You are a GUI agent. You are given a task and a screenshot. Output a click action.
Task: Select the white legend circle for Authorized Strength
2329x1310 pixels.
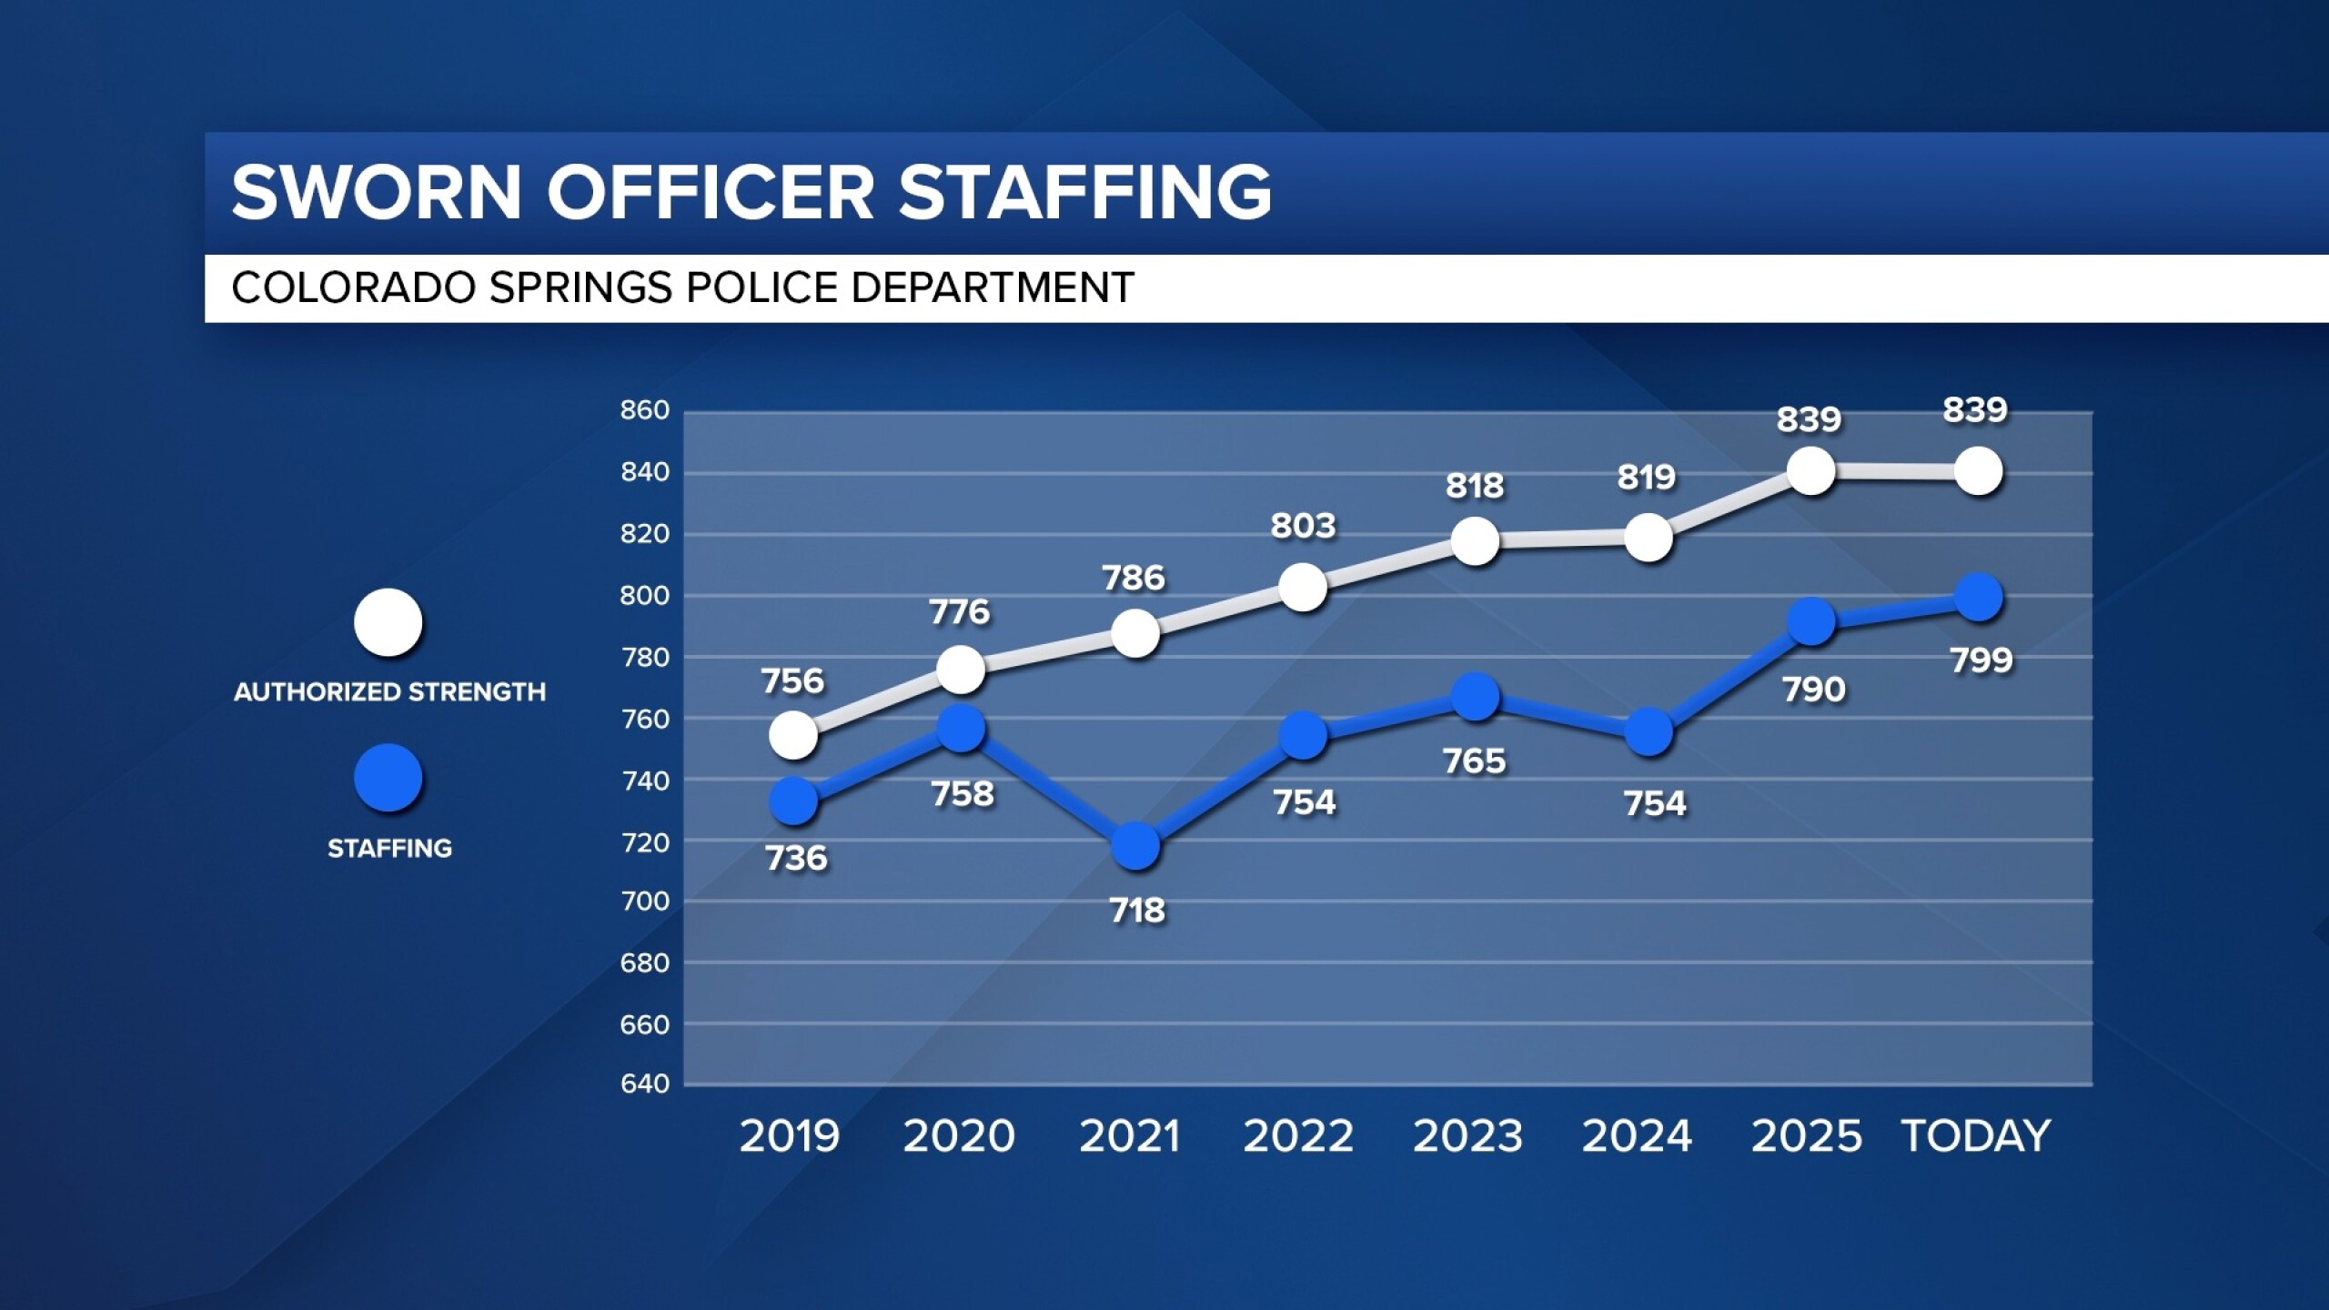pos(388,623)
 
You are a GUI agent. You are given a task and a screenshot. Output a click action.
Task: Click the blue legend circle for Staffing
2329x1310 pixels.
pos(388,779)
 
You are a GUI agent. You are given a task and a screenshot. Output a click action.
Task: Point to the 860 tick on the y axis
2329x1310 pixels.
pos(644,410)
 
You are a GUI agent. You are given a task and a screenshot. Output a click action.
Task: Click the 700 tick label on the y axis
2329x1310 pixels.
pos(644,902)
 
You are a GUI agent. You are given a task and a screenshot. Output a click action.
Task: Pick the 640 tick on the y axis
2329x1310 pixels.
pos(644,1083)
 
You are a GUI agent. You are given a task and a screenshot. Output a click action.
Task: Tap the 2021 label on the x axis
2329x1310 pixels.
pos(1129,1136)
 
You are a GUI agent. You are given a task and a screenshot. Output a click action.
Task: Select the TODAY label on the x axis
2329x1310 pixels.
pos(1975,1136)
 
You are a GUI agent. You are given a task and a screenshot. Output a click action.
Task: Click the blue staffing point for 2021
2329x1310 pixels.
pos(1135,846)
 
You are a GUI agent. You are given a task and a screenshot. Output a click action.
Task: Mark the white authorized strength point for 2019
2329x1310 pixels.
pos(792,734)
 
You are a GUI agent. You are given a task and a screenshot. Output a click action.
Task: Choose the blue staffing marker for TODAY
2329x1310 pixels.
pos(1978,598)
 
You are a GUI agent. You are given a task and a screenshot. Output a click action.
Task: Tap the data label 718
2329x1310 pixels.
pos(1137,910)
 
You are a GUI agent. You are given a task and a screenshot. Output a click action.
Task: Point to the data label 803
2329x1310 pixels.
pos(1303,526)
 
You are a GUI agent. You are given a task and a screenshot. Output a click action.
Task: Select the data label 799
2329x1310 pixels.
pos(1981,660)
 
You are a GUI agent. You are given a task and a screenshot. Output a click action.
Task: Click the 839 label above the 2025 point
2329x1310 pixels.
pos(1809,419)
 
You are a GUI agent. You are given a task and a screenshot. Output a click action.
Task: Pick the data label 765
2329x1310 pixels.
pos(1475,761)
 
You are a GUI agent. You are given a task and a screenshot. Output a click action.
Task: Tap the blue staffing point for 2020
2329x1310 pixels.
pos(961,728)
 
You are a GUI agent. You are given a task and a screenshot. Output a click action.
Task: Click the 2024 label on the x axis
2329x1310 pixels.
pos(1637,1136)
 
